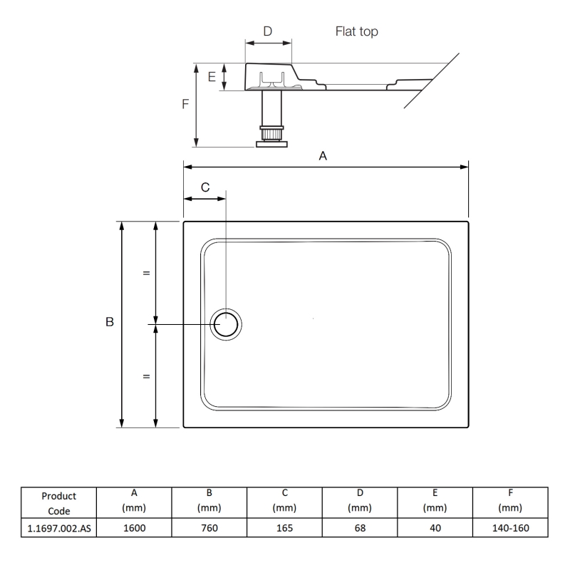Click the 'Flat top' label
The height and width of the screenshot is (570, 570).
(x=356, y=32)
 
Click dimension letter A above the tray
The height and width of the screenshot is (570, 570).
(x=323, y=156)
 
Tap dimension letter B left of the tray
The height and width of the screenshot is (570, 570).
(x=110, y=323)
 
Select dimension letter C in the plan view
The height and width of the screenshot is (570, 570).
(x=204, y=187)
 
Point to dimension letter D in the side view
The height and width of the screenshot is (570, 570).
(x=268, y=31)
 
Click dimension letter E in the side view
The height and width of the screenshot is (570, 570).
(x=212, y=77)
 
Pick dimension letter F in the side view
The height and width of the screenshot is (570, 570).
(x=185, y=104)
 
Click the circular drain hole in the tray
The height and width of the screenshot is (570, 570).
(x=227, y=324)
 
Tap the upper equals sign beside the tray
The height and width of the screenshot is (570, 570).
(x=146, y=273)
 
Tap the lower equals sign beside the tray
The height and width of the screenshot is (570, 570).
(x=146, y=375)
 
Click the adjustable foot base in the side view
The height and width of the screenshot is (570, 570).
(x=271, y=143)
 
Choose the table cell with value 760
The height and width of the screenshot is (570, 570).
(x=209, y=528)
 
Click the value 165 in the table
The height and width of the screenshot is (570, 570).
(x=284, y=528)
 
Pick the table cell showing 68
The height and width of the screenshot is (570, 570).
(x=360, y=528)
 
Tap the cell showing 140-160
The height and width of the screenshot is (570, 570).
(x=511, y=528)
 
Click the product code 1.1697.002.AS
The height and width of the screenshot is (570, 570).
(x=59, y=528)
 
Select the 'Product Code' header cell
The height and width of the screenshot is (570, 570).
(x=59, y=503)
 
